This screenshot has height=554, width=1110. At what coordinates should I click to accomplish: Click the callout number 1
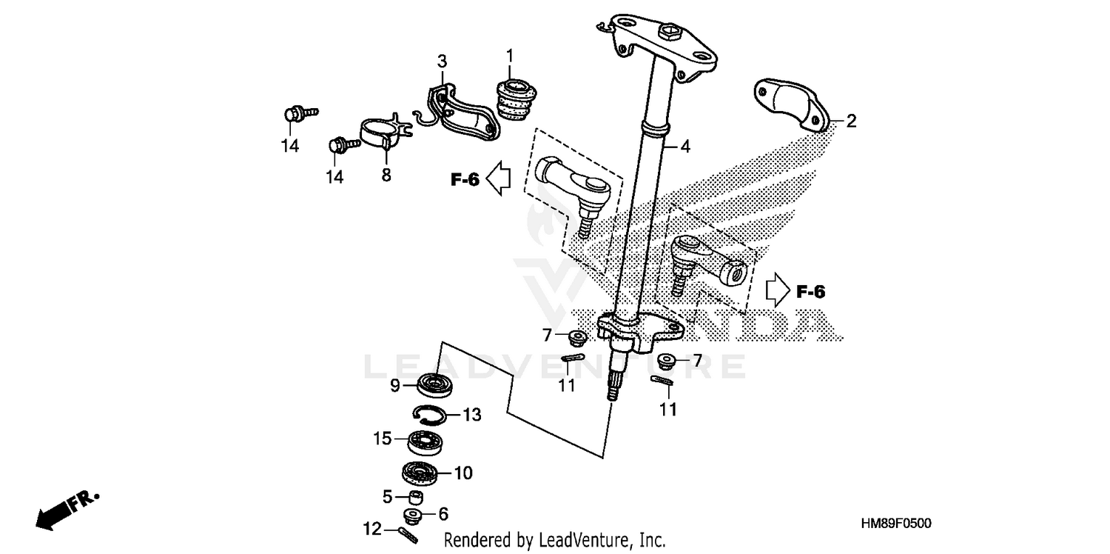pyautogui.click(x=509, y=55)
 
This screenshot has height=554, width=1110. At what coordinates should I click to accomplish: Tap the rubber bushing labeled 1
pyautogui.click(x=514, y=99)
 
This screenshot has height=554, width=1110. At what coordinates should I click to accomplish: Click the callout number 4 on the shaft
pyautogui.click(x=685, y=147)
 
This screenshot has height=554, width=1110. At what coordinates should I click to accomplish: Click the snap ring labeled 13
pyautogui.click(x=427, y=416)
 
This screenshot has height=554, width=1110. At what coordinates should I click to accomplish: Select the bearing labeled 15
pyautogui.click(x=425, y=443)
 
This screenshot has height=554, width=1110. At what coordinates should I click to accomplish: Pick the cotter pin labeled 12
pyautogui.click(x=408, y=533)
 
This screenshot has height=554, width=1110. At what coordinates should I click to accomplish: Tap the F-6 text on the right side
pyautogui.click(x=810, y=292)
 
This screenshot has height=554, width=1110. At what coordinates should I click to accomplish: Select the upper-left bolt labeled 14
pyautogui.click(x=294, y=115)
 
